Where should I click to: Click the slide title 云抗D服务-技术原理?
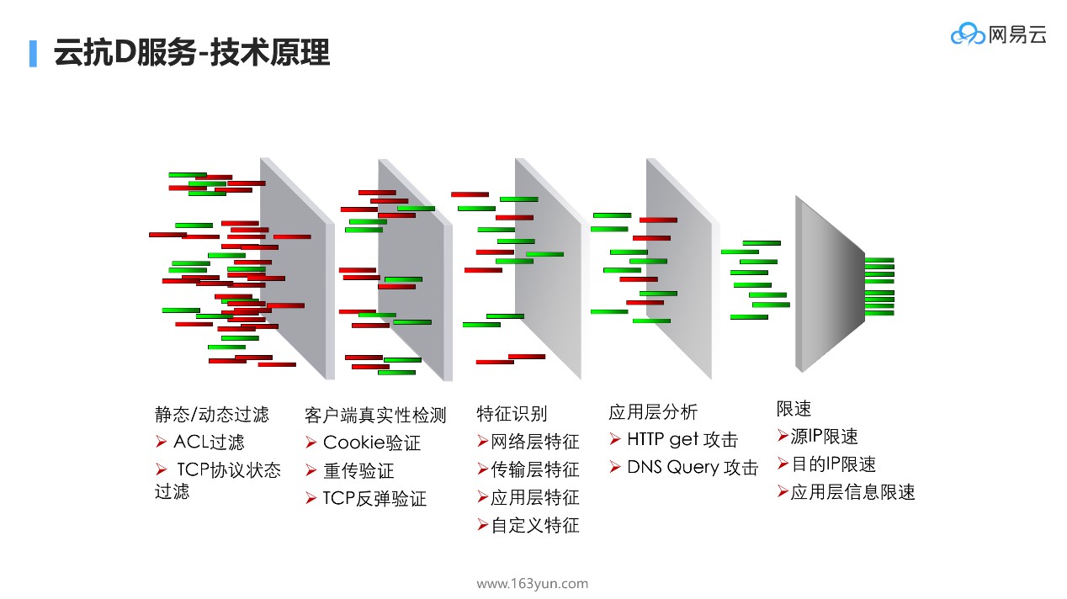pos(191,53)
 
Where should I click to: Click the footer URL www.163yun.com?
pos(532,584)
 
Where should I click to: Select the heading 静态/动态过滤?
pos(212,414)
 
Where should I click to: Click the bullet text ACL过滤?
pos(209,442)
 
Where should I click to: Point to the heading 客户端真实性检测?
pos(375,415)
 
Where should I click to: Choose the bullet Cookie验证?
pos(371,443)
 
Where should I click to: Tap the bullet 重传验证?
pos(358,470)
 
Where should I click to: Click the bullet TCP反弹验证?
pos(374,498)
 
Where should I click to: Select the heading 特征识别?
pos(512,413)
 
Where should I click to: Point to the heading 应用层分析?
pos(653,411)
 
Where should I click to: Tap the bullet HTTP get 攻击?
pos(682,439)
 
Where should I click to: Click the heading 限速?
pos(794,409)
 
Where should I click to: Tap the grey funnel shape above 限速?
pos(829,284)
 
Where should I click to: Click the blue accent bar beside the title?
pos(34,53)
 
